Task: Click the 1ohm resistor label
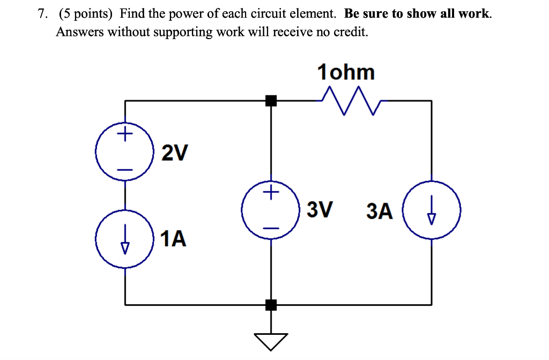click(x=346, y=72)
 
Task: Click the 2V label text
click(x=175, y=154)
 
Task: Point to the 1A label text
click(x=173, y=239)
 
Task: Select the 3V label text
click(x=320, y=209)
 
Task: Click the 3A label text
click(x=380, y=211)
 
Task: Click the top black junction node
click(x=271, y=100)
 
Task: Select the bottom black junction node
click(x=271, y=305)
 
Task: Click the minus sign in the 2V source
click(x=125, y=169)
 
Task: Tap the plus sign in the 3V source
click(x=271, y=191)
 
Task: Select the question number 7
click(x=42, y=14)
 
